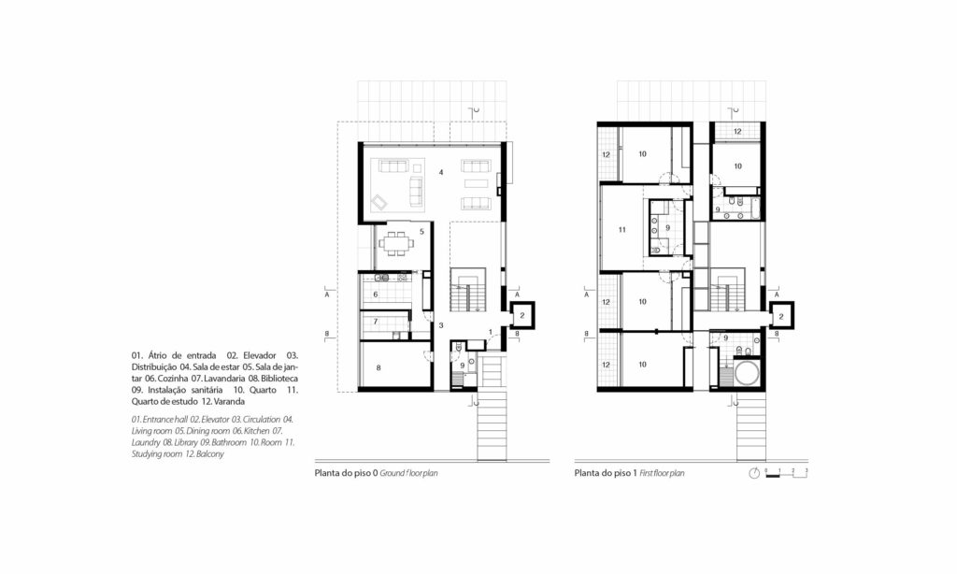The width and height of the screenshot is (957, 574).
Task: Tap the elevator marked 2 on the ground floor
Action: pyautogui.click(x=521, y=317)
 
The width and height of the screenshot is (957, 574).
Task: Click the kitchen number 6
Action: pyautogui.click(x=376, y=294)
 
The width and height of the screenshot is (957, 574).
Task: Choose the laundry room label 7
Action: pyautogui.click(x=376, y=322)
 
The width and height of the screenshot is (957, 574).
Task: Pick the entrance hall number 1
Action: pyautogui.click(x=491, y=334)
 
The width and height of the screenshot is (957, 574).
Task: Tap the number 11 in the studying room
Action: pyautogui.click(x=621, y=228)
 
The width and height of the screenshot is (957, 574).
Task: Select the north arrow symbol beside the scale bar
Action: pyautogui.click(x=754, y=473)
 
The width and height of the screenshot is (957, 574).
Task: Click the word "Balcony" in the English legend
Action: pyautogui.click(x=210, y=454)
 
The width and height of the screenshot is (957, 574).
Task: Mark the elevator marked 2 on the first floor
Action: pyautogui.click(x=780, y=317)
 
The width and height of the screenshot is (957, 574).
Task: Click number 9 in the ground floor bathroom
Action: pyautogui.click(x=461, y=366)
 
